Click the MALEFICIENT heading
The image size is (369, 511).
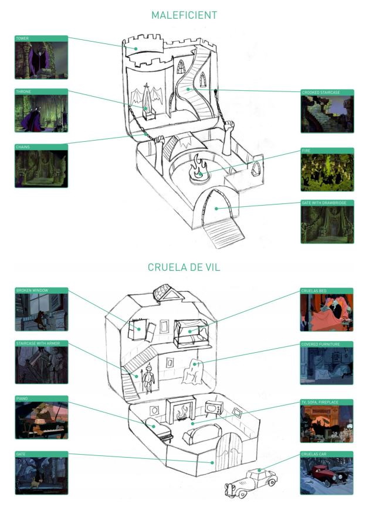tap(184, 15)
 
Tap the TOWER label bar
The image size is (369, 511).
tap(41, 39)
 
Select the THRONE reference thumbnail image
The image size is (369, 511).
tap(41, 114)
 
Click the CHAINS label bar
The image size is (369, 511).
tap(41, 147)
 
